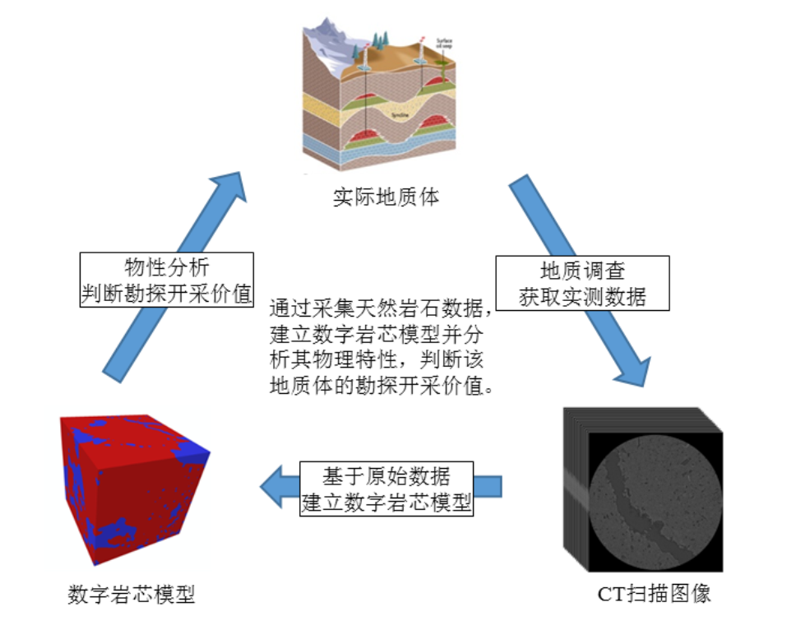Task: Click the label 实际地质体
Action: point(386,197)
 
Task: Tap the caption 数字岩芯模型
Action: point(132,594)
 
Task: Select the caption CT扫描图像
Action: point(654,594)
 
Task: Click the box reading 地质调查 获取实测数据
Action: point(582,283)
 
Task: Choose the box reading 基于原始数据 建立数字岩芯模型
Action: point(387,488)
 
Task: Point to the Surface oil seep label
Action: point(444,43)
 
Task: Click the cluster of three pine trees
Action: point(379,39)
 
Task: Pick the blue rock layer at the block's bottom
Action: point(387,152)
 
